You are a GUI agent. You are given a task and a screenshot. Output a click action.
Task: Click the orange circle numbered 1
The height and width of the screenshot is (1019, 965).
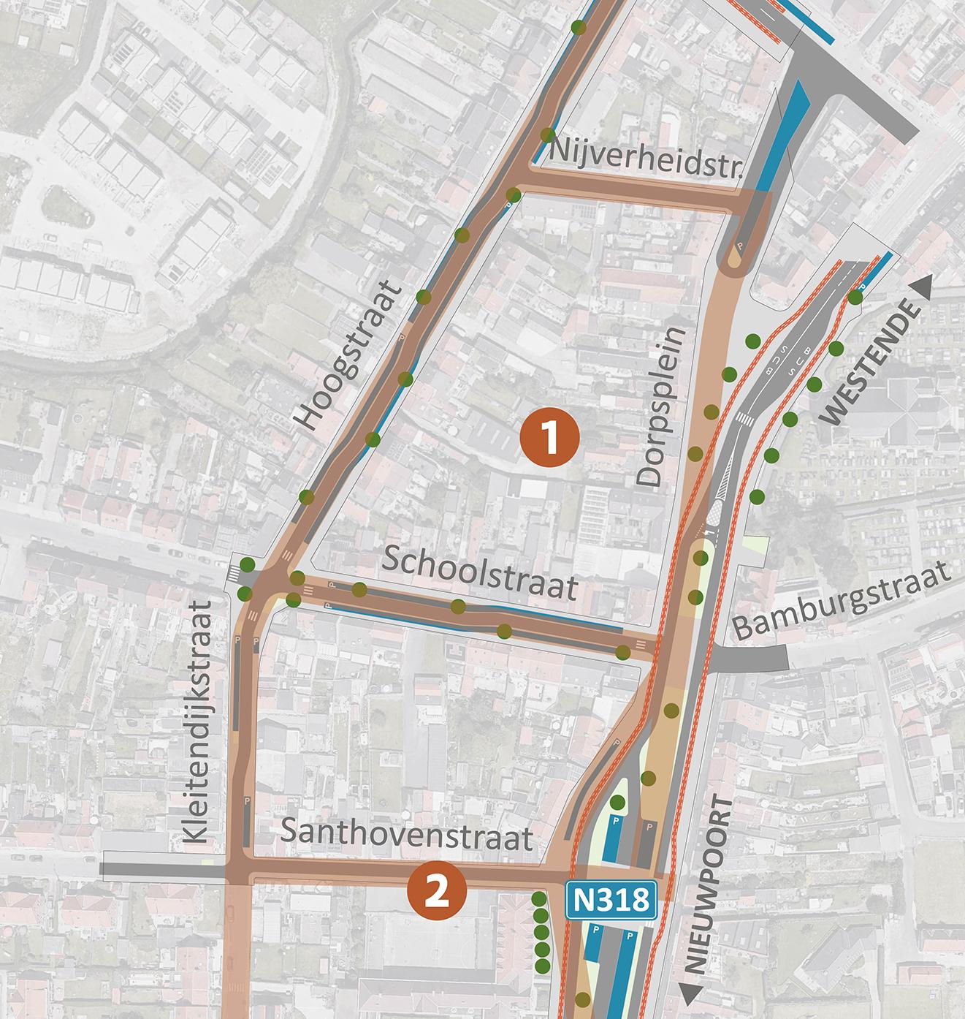549,437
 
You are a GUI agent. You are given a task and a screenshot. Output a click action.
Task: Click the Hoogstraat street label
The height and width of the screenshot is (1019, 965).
349,357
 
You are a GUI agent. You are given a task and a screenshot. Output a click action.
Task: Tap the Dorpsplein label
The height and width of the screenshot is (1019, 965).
662,406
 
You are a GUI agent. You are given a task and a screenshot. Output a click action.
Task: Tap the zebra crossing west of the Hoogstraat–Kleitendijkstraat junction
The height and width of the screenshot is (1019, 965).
234,573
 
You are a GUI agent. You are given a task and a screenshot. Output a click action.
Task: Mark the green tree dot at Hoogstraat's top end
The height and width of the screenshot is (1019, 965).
578,28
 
